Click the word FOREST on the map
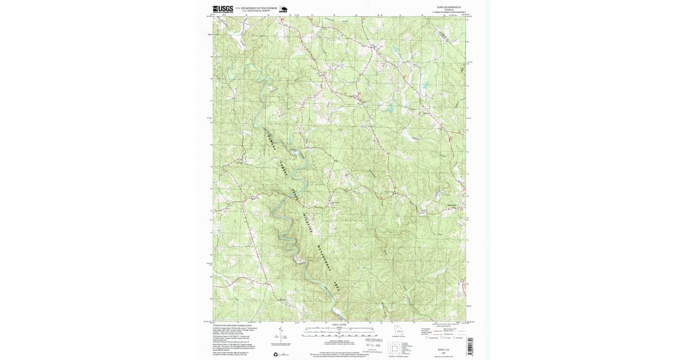click(282, 169)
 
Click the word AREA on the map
click(337, 287)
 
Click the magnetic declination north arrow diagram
click(282, 333)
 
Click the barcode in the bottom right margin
click(469, 346)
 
